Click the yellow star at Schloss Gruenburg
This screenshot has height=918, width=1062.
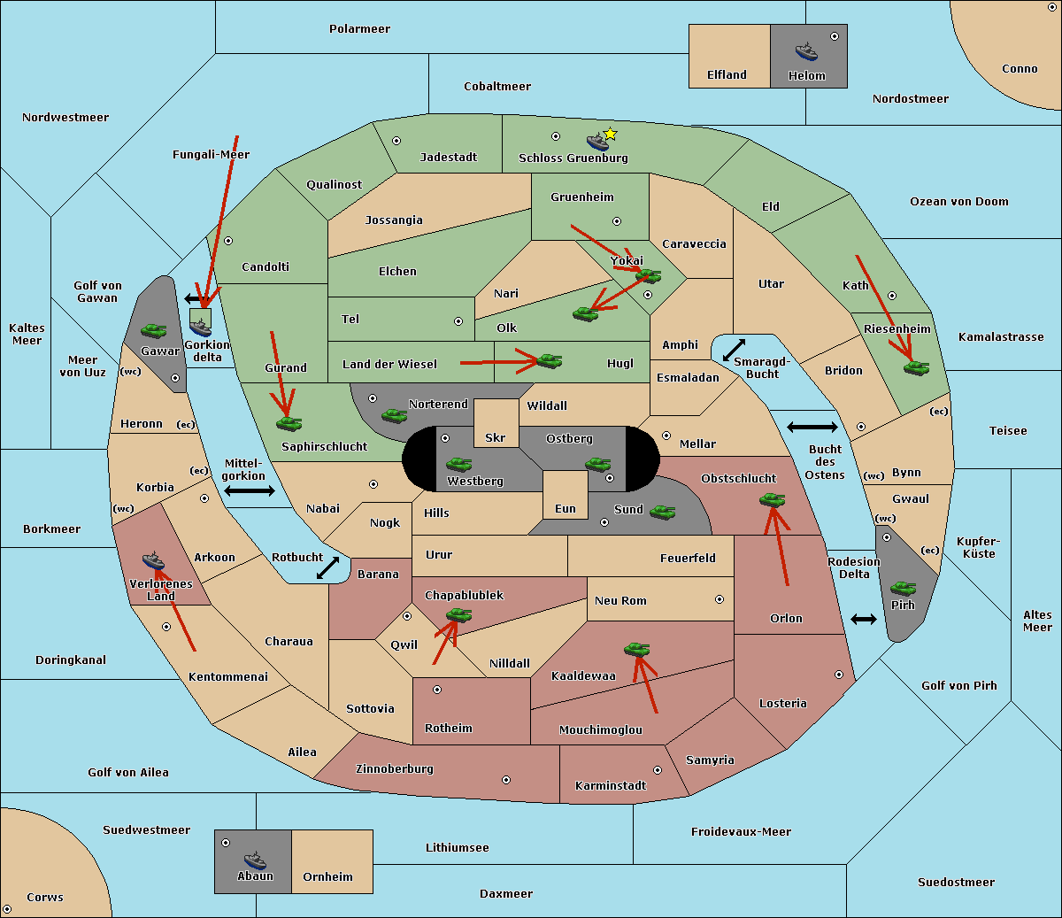click(x=610, y=135)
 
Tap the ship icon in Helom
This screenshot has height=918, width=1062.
click(x=806, y=51)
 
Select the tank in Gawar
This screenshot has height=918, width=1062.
click(x=154, y=330)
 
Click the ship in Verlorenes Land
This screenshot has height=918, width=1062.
click(x=153, y=560)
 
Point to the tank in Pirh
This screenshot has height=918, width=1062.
click(x=903, y=589)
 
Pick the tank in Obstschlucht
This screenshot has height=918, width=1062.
click(x=773, y=499)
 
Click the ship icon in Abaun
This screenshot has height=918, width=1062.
click(x=255, y=860)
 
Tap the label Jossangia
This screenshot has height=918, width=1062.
click(x=394, y=220)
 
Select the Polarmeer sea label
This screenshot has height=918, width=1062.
click(x=359, y=29)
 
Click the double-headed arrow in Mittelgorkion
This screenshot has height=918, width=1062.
click(x=250, y=490)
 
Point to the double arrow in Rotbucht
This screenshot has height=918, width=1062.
click(x=327, y=567)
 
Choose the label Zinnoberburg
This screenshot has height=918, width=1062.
click(x=395, y=769)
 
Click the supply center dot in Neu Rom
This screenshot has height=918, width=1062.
click(x=720, y=599)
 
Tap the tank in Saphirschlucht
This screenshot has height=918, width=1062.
click(x=289, y=423)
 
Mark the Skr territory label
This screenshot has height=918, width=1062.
click(x=496, y=437)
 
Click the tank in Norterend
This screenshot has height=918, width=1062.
click(x=394, y=415)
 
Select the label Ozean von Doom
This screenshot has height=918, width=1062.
click(x=959, y=202)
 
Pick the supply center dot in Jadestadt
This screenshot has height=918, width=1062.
click(x=396, y=141)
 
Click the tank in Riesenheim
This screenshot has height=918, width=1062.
click(x=917, y=368)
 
